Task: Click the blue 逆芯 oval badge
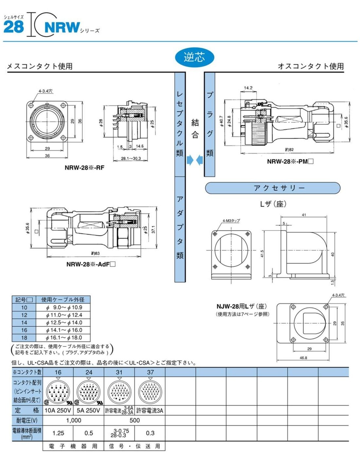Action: point(194,57)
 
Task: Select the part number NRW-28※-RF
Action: point(84,168)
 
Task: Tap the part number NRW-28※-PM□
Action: point(290,161)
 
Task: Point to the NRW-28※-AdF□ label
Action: point(91,264)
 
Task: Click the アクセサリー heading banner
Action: point(273,188)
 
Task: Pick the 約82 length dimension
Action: point(289,150)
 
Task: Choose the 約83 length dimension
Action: point(95,253)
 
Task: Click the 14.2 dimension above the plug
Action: point(248,88)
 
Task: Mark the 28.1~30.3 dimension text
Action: point(131,158)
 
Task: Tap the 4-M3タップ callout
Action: point(231,221)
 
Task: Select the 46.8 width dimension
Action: point(303,358)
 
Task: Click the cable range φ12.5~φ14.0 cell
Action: point(64,323)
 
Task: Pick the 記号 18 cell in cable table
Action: point(24,338)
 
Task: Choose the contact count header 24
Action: point(89,372)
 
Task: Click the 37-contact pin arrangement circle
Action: point(150,391)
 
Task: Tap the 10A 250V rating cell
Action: point(58,410)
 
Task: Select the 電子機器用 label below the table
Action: point(73,446)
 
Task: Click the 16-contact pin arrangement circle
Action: point(58,391)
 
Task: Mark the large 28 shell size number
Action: point(14,26)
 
